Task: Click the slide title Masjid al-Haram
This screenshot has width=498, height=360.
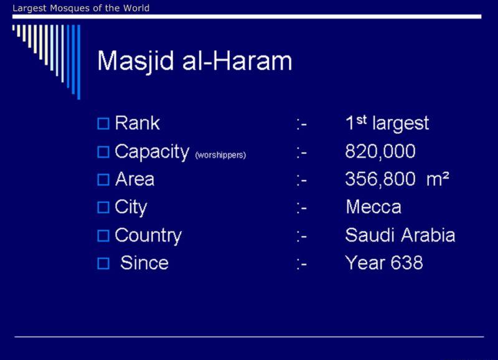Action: (x=194, y=61)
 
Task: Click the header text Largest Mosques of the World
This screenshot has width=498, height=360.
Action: (x=81, y=8)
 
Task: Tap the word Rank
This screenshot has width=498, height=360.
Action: (x=137, y=123)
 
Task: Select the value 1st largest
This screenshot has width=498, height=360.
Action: (x=387, y=123)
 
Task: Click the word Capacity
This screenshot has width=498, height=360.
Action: (x=152, y=152)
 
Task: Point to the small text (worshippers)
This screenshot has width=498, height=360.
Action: (x=220, y=155)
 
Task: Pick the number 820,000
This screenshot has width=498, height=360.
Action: (x=380, y=151)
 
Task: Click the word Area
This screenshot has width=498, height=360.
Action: (x=134, y=179)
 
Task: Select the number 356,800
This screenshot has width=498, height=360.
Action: (x=380, y=179)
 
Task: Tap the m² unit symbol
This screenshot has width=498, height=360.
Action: (x=438, y=179)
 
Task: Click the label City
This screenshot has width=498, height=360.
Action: (x=131, y=208)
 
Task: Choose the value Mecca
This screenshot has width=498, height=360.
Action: (x=374, y=207)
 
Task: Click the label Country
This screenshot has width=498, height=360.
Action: (x=148, y=236)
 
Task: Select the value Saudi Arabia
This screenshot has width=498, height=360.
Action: (x=400, y=235)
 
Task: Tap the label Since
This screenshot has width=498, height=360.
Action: (x=144, y=263)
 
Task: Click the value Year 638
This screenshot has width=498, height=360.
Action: (x=384, y=263)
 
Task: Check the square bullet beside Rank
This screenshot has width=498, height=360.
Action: (x=103, y=123)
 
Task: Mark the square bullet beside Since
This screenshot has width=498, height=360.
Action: (x=103, y=263)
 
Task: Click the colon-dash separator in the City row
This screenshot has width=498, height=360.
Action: (x=302, y=209)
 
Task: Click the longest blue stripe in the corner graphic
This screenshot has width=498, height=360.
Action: (x=79, y=62)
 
